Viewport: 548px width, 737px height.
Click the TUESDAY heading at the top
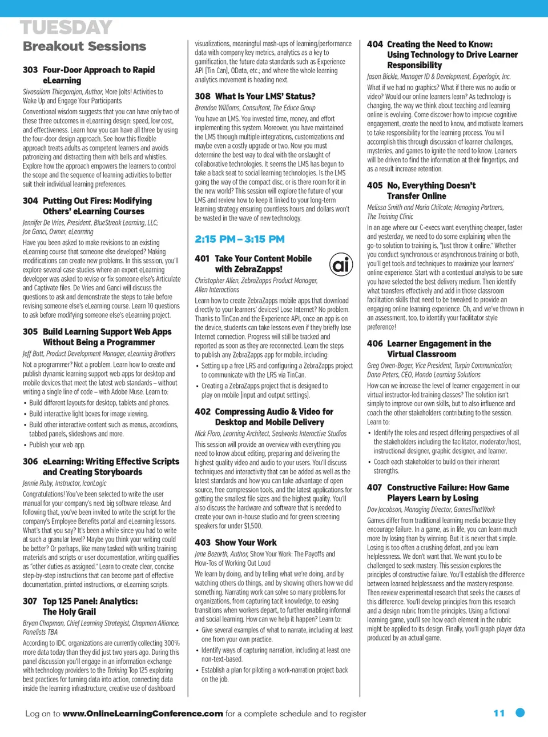pos(66,27)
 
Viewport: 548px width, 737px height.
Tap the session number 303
pos(30,70)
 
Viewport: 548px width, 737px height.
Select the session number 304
pos(30,201)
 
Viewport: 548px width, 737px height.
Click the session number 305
pos(30,332)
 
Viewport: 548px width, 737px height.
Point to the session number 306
pos(30,462)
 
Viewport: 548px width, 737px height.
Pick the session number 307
pos(30,602)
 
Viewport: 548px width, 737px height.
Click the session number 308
pos(203,97)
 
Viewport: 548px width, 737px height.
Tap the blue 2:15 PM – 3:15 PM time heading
pos(240,239)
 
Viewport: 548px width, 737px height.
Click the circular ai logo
pos(341,265)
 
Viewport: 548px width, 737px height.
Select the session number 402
pos(203,412)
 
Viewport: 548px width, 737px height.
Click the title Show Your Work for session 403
pos(245,543)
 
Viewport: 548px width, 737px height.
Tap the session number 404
pos(375,45)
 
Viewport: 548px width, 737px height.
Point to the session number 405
pos(375,186)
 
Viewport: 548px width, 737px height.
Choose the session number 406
pos(375,344)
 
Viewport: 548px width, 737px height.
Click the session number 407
pos(375,488)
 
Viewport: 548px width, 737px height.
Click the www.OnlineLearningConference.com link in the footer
pos(143,714)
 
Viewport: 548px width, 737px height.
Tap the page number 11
pos(499,713)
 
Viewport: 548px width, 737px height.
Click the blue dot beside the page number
pos(520,712)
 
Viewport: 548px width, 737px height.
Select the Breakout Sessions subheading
pos(84,46)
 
